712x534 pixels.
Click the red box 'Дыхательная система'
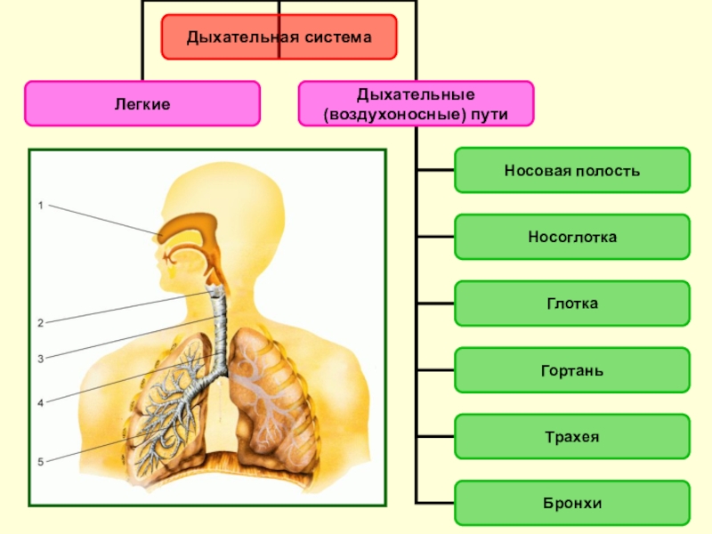pyautogui.click(x=279, y=37)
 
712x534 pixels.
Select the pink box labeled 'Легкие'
pyautogui.click(x=142, y=104)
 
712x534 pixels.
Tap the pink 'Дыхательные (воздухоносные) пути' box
pyautogui.click(x=416, y=104)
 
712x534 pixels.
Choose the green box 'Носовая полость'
pyautogui.click(x=571, y=170)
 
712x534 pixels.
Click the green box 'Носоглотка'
pyautogui.click(x=571, y=237)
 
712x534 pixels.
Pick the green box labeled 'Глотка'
pyautogui.click(x=571, y=303)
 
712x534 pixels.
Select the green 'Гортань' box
pyautogui.click(x=571, y=370)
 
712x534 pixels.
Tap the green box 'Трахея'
pyautogui.click(x=571, y=437)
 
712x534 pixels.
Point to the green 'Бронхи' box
pyautogui.click(x=571, y=504)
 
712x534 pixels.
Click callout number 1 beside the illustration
pyautogui.click(x=40, y=206)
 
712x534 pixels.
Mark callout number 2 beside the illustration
pyautogui.click(x=40, y=322)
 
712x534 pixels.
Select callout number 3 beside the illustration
pyautogui.click(x=40, y=359)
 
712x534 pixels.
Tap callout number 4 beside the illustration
pyautogui.click(x=40, y=403)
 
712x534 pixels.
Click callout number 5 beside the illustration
pyautogui.click(x=40, y=461)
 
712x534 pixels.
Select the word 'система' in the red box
pyautogui.click(x=335, y=37)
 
